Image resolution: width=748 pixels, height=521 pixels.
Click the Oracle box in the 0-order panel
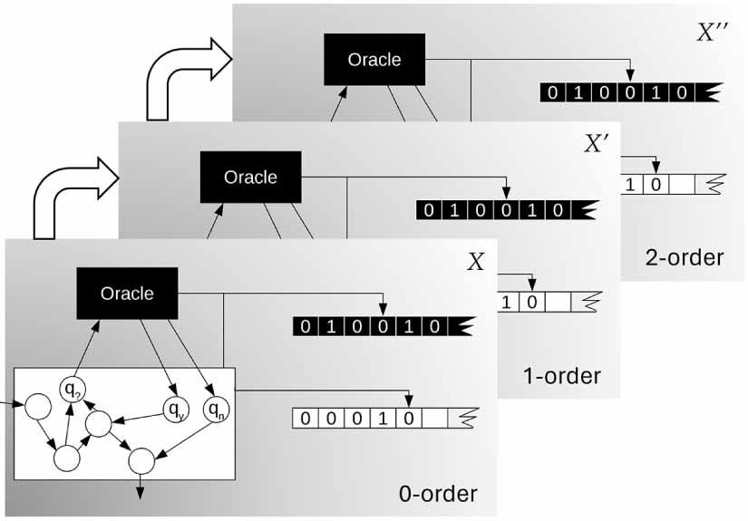[127, 293]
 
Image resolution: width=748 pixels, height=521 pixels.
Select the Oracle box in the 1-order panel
[250, 176]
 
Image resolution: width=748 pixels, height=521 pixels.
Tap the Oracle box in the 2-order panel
[374, 60]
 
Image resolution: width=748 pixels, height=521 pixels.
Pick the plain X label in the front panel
[475, 263]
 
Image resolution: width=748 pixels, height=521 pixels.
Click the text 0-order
[438, 494]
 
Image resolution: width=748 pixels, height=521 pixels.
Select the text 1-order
[562, 375]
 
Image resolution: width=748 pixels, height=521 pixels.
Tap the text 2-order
[685, 257]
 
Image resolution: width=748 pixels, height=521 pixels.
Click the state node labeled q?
[72, 390]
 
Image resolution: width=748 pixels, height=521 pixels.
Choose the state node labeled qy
[175, 410]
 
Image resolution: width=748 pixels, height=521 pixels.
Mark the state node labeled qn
[217, 410]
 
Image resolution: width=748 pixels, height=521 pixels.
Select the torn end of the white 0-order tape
[468, 419]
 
